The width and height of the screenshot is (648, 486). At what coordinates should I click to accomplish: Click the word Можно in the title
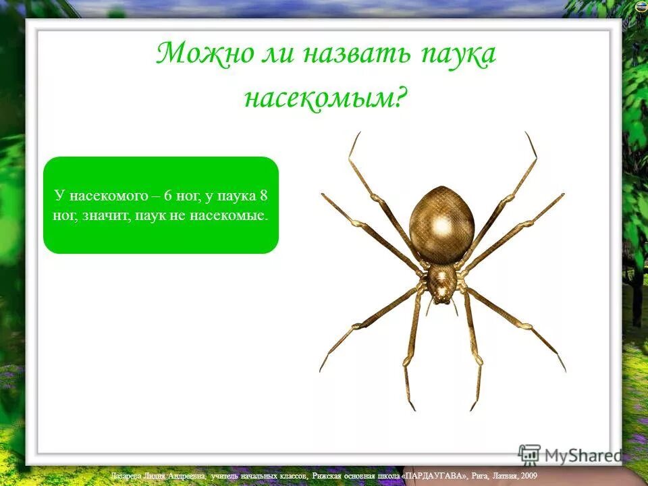(196, 54)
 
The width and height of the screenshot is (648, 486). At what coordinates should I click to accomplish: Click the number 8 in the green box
(264, 196)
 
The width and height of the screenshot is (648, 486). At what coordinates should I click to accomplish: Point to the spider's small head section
(442, 282)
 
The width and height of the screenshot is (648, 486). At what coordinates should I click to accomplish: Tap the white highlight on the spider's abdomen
(442, 224)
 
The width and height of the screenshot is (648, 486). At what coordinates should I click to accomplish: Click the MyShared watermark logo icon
(529, 454)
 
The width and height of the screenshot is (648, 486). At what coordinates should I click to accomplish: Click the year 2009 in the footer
(527, 476)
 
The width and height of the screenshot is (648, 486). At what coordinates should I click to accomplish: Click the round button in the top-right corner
(641, 6)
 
